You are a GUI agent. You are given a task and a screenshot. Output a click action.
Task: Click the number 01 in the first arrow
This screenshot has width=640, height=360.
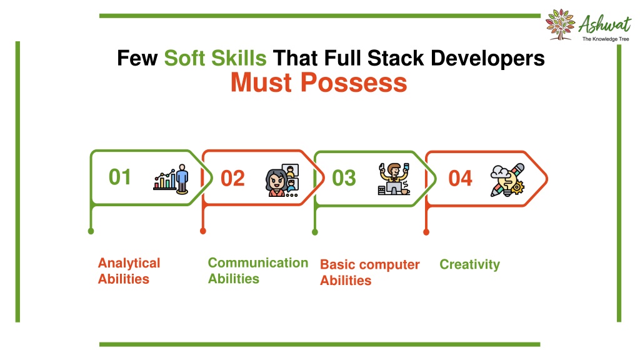(120, 177)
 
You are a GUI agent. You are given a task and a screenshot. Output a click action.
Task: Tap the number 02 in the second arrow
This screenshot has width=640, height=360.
(232, 178)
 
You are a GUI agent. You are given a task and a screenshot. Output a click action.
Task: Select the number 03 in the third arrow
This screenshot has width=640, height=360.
(344, 178)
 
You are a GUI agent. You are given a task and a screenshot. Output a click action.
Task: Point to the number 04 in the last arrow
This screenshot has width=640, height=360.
(461, 178)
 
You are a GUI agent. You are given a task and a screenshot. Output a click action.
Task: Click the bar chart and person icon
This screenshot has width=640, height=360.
(171, 179)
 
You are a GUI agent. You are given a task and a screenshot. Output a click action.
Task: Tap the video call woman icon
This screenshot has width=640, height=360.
(282, 180)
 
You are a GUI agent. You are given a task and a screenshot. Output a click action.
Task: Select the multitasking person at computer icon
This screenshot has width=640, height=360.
(394, 179)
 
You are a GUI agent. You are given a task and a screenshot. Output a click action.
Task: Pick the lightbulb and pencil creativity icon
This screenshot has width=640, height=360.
(507, 180)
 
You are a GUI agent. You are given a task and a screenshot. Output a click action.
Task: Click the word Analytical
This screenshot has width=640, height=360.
(129, 264)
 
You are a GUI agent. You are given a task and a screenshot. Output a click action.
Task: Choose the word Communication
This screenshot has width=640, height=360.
(258, 263)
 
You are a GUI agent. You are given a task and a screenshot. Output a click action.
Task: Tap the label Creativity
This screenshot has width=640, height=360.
(470, 264)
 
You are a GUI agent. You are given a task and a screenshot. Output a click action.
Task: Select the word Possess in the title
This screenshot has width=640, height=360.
(354, 82)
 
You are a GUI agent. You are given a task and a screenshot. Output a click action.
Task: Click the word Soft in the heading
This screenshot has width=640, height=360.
(184, 58)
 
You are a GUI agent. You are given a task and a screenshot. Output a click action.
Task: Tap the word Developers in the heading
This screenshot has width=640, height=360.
(487, 58)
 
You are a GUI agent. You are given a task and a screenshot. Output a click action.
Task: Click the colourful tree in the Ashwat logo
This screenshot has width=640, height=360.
(561, 24)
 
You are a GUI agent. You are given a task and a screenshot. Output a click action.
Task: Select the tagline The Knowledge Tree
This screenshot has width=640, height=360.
(606, 39)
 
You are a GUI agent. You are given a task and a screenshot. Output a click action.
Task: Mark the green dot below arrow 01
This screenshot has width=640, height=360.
(91, 231)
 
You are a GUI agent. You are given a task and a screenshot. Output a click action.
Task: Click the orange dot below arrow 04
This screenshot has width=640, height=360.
(426, 232)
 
